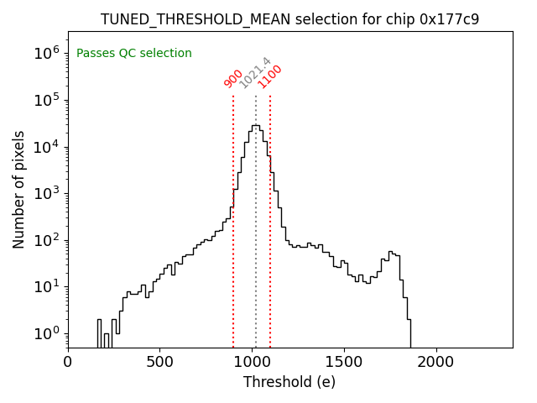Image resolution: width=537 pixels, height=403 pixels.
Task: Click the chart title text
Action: (289, 19)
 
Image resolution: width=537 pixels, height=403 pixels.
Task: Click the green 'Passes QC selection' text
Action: (134, 54)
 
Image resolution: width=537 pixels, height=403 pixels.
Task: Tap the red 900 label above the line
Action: (233, 78)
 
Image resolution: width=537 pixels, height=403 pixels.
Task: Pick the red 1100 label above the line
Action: (270, 76)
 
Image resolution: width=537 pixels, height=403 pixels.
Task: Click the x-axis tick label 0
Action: (68, 362)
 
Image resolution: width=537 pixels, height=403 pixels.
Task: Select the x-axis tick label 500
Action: (159, 362)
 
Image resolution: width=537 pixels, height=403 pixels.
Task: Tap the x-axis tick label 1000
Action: (252, 362)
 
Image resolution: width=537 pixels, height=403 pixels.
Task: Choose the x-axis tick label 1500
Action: (344, 362)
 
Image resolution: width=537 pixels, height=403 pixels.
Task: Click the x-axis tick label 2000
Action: (436, 362)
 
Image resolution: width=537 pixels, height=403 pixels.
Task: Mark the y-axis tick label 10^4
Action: (47, 147)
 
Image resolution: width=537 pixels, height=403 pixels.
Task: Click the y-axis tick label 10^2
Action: (47, 240)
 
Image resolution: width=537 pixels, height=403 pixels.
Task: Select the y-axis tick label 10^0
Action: (47, 333)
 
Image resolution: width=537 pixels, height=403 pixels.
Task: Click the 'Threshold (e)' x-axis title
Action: (289, 382)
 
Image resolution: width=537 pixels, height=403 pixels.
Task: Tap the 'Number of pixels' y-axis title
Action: (19, 189)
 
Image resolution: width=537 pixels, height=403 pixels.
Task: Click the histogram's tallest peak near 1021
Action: (255, 126)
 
